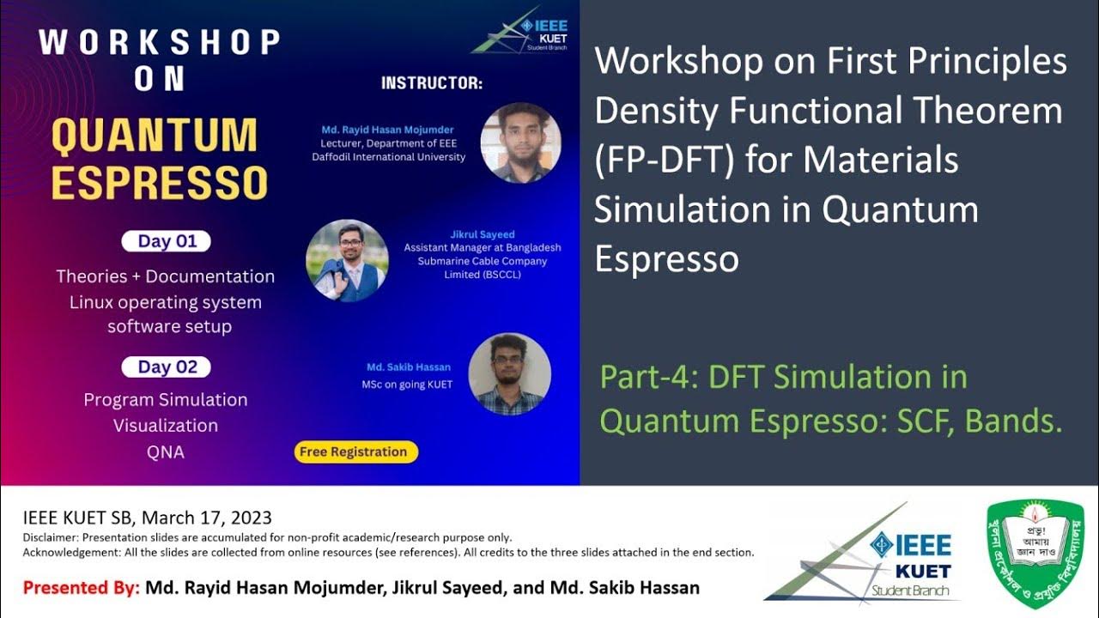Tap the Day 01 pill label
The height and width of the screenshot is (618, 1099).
(x=166, y=241)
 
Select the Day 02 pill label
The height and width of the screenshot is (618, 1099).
(x=166, y=367)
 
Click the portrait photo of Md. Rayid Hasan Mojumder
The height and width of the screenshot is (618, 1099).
(x=520, y=142)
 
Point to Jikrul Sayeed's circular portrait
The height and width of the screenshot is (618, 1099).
(x=347, y=260)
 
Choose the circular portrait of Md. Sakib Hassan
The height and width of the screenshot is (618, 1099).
(x=509, y=374)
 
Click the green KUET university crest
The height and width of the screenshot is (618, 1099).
(x=1035, y=554)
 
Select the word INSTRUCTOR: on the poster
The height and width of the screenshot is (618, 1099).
(x=432, y=84)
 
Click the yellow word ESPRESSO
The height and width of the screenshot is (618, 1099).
(x=159, y=182)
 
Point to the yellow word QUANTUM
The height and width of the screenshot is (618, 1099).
(x=155, y=136)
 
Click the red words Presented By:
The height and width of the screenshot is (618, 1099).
(x=81, y=589)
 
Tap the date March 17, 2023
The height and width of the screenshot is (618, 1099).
(x=207, y=518)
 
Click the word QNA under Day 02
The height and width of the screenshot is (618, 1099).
(x=166, y=451)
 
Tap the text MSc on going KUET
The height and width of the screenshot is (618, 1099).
(x=407, y=385)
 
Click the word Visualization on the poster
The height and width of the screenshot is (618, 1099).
(x=166, y=426)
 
